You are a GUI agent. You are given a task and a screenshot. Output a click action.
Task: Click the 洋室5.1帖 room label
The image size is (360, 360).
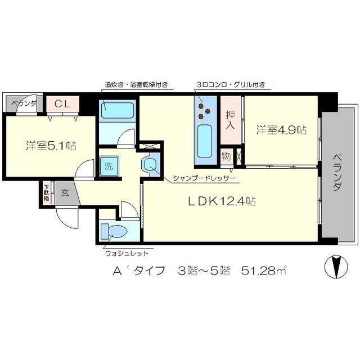click(51, 146)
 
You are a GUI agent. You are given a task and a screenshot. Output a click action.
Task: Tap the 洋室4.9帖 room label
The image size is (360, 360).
click(281, 130)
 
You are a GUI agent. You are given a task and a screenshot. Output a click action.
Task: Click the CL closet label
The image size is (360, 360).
click(62, 104)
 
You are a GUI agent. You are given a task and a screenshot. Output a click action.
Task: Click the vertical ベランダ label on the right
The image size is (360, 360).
click(336, 172)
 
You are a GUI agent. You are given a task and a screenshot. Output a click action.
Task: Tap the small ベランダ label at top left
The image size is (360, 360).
click(22, 103)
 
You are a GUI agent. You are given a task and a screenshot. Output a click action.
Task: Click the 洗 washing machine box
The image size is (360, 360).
click(106, 166)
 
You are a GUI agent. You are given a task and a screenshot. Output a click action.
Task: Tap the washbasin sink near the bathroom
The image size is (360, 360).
click(150, 165)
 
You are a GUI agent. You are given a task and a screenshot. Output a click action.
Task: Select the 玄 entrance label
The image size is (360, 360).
click(65, 193)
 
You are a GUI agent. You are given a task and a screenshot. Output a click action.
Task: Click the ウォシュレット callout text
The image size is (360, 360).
click(127, 253)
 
